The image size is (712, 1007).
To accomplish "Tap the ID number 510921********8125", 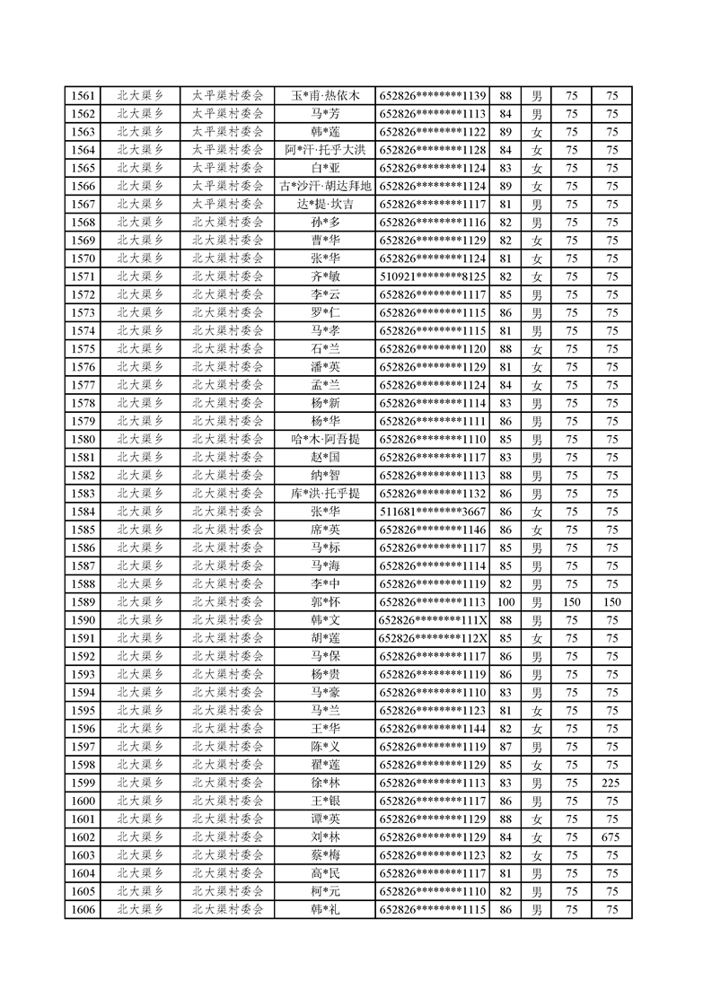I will [433, 276].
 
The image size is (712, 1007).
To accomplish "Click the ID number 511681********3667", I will [433, 512].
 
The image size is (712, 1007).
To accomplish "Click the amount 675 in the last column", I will [611, 837].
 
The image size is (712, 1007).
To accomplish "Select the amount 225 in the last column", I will [611, 783].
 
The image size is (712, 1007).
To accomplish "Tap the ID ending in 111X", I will [433, 620].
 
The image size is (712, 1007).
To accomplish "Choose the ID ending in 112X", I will [433, 638].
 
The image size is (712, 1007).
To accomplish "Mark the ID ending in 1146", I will [433, 530].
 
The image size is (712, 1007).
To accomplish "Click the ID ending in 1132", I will [433, 494].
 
